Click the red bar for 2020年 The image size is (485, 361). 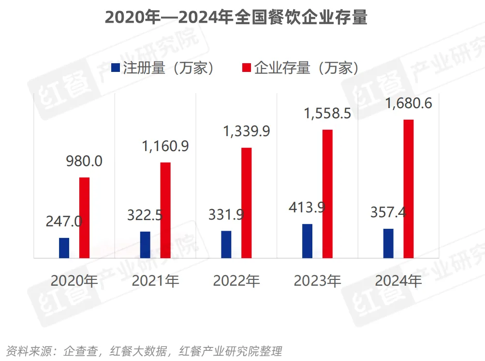(x=85, y=218)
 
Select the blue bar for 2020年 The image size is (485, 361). (x=64, y=248)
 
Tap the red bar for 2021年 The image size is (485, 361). (x=166, y=210)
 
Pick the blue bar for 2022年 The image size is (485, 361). (x=226, y=244)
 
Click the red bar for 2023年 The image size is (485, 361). (x=328, y=194)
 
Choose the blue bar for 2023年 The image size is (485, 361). (x=308, y=241)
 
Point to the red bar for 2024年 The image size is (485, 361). (x=409, y=189)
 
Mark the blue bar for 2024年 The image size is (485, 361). (x=388, y=243)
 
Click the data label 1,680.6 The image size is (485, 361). (x=409, y=104)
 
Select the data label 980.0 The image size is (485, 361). (x=85, y=161)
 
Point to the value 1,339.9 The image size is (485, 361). (x=247, y=131)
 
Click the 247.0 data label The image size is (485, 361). (x=64, y=222)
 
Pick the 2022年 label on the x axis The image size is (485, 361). (x=236, y=280)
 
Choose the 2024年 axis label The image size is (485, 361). (x=398, y=280)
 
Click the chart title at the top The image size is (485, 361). (x=236, y=18)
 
